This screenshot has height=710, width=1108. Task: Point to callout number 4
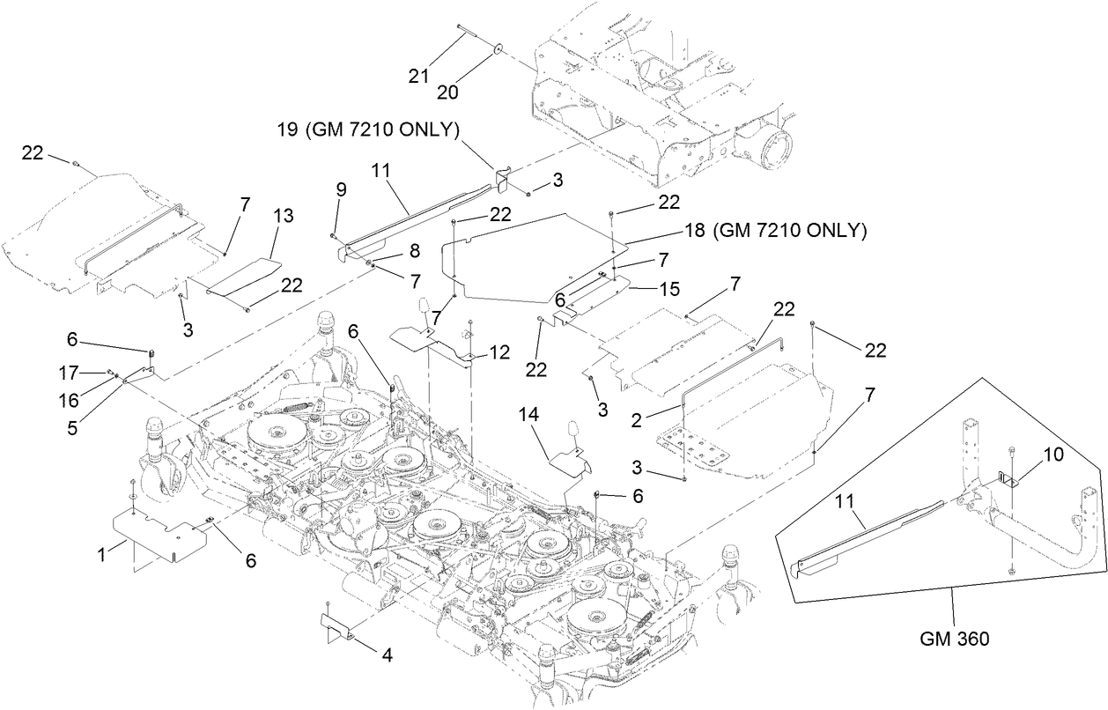click(386, 655)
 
